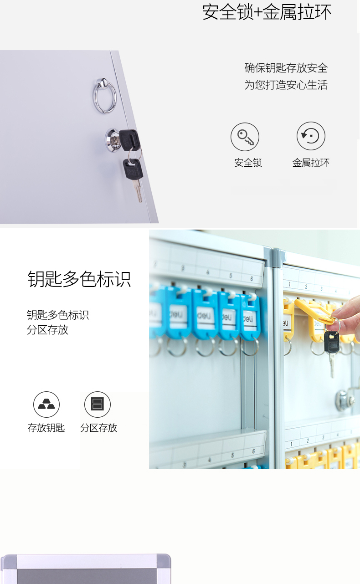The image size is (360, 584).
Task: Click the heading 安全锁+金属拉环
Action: click(267, 12)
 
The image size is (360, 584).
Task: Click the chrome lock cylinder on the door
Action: click(113, 139)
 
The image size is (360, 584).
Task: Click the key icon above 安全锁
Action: click(245, 137)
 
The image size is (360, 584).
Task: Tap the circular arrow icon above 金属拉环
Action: click(311, 136)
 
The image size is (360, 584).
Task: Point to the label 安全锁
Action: click(248, 163)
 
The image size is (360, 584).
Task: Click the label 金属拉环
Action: click(311, 163)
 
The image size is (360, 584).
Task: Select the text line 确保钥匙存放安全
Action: click(286, 68)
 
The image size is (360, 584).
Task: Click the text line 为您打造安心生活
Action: click(286, 85)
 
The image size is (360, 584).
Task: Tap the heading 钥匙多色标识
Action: click(79, 279)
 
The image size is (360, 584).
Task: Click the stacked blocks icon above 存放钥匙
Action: click(46, 405)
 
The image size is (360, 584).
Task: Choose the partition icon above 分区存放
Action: click(98, 405)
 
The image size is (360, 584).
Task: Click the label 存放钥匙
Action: click(46, 428)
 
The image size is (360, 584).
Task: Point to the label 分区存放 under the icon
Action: click(98, 428)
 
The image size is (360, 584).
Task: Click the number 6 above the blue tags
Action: click(252, 279)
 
